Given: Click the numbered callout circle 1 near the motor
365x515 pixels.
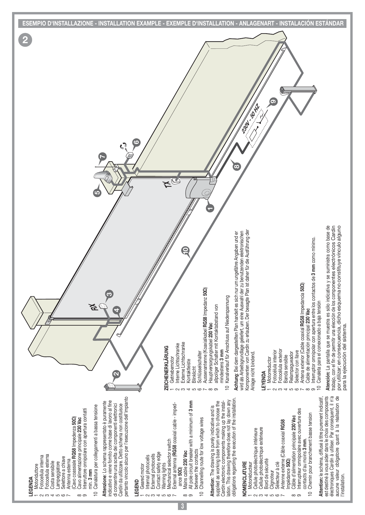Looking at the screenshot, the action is pyautogui.click(x=210, y=208).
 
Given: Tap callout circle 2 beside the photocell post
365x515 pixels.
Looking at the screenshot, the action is pyautogui.click(x=116, y=374).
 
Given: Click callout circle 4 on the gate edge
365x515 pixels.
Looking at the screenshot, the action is pyautogui.click(x=117, y=310).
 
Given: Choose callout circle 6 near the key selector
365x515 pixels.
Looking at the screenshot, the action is pyautogui.click(x=136, y=142).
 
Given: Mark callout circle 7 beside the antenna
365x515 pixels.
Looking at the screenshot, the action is pyautogui.click(x=102, y=157).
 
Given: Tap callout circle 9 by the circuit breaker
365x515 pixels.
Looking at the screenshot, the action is pyautogui.click(x=274, y=102).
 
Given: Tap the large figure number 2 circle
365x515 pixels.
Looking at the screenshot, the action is pyautogui.click(x=26, y=40).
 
